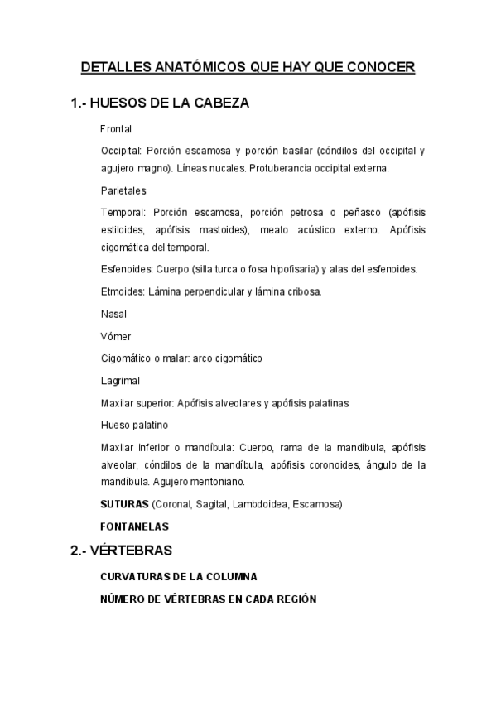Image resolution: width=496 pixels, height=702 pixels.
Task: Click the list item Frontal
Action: tap(116, 130)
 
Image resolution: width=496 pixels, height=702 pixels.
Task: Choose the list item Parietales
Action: tap(123, 190)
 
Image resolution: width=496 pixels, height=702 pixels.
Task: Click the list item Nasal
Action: tap(113, 314)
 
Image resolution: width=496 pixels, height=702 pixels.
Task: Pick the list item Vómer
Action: tap(115, 336)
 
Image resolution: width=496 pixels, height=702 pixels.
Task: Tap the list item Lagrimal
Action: tap(120, 381)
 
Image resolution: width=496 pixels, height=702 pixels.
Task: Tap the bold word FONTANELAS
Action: tap(134, 526)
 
